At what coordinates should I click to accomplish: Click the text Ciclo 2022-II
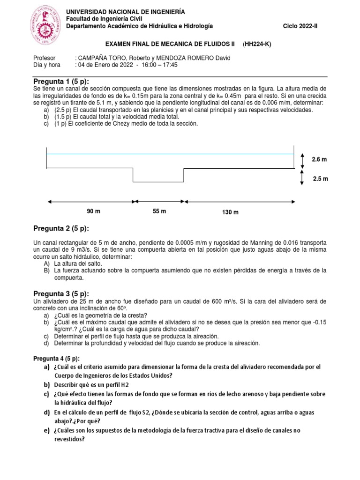click(300, 26)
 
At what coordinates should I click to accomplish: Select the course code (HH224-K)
click(257, 44)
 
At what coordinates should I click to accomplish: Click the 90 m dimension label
click(94, 211)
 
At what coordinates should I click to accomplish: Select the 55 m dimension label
click(159, 211)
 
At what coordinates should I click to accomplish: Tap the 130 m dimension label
click(230, 212)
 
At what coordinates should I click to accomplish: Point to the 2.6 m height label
click(319, 160)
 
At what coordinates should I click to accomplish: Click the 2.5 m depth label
click(320, 179)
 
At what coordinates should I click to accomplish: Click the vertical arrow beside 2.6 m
click(302, 160)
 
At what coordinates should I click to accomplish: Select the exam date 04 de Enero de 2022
click(103, 65)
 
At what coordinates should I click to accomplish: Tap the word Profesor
click(45, 58)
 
